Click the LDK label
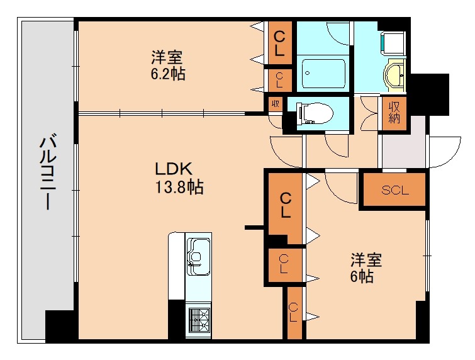pos(174,169)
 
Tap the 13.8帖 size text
pos(179,186)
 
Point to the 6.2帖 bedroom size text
pos(168,74)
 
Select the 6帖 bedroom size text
pos(362,276)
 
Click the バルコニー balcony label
pos(48,172)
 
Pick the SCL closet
pos(394,190)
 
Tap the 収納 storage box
pos(394,113)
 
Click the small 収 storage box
pos(276,104)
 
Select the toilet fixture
pos(315,114)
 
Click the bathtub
pos(324,74)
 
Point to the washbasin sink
pos(394,75)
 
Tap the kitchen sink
pos(198,256)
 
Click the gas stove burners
pos(198,320)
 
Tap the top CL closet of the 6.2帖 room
pos(279,43)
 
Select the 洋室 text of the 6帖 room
pos(366,260)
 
